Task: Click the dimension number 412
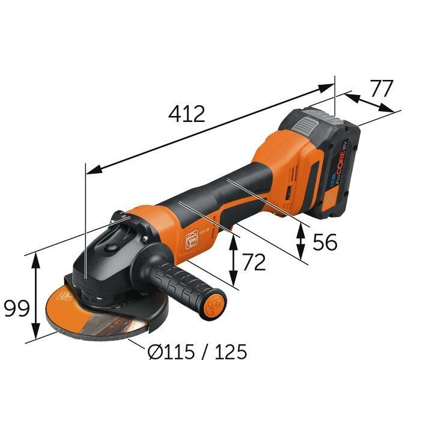click(187, 114)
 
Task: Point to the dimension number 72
click(253, 262)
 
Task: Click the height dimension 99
click(17, 309)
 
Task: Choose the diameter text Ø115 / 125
click(197, 351)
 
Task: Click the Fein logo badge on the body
click(192, 237)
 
